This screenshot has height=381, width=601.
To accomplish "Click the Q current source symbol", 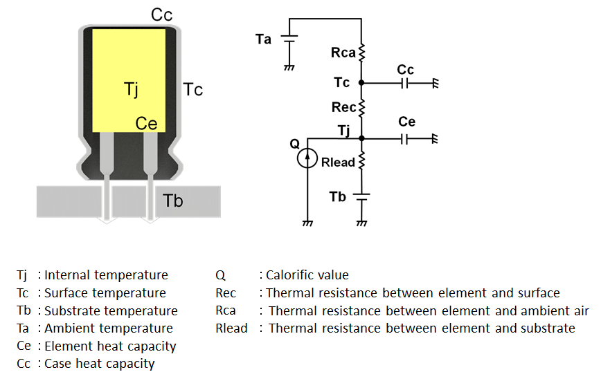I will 306,160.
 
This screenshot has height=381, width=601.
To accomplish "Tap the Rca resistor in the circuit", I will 361,53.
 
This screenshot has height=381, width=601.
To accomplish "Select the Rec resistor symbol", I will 361,107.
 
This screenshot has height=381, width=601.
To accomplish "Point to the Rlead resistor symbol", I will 361,161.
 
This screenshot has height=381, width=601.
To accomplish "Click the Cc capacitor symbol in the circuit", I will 406,83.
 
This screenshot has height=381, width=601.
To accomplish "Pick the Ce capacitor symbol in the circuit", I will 406,138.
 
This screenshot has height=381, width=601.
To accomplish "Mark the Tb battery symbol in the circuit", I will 361,197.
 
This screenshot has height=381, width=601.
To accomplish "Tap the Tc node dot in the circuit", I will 361,83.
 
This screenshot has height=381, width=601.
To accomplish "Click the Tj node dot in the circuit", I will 361,138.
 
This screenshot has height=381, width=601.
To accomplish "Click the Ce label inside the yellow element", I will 146,124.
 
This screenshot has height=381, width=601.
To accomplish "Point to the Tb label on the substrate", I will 173,201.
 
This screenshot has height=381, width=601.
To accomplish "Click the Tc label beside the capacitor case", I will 193,89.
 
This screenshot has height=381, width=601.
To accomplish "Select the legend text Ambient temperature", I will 109,328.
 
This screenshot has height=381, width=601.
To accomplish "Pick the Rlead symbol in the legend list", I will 231,328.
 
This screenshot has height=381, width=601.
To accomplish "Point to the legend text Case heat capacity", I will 100,364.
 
